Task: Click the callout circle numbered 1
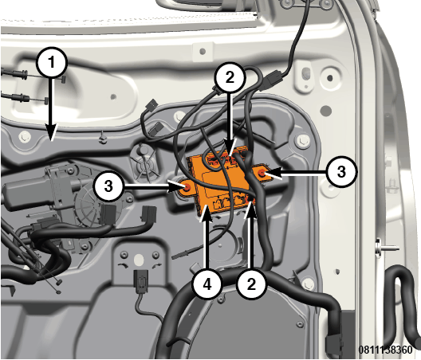(x=52, y=63)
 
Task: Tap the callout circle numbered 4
(x=207, y=284)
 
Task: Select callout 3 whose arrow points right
(x=108, y=186)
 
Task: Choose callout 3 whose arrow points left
(x=341, y=171)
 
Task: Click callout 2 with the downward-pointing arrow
(x=230, y=78)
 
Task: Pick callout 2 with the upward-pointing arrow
(x=251, y=284)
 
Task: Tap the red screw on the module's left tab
(x=187, y=188)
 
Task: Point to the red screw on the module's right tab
(x=262, y=174)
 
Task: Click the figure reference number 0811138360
(x=386, y=350)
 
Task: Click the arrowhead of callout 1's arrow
(x=52, y=132)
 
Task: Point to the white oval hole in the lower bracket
(x=139, y=260)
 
